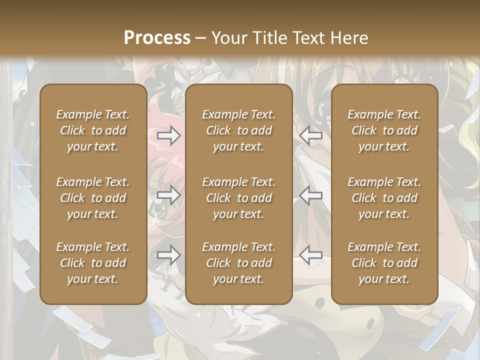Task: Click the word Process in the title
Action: (x=157, y=38)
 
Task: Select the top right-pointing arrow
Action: (x=168, y=135)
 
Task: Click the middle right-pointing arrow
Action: (x=168, y=195)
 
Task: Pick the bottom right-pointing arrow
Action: (x=168, y=255)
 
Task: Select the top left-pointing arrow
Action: (x=311, y=135)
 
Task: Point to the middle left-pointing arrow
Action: (x=311, y=195)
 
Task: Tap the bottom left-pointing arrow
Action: (x=311, y=255)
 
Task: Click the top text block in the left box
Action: (x=93, y=130)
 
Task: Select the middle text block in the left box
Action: (x=93, y=198)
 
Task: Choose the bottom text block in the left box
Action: (x=93, y=263)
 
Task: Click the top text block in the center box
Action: (x=238, y=130)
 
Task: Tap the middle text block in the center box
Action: (x=238, y=198)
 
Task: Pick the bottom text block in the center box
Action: (x=238, y=263)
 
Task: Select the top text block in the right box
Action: (x=384, y=130)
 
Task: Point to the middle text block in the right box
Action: (x=384, y=198)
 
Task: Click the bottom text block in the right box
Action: (x=384, y=263)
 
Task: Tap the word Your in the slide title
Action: (x=229, y=38)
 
